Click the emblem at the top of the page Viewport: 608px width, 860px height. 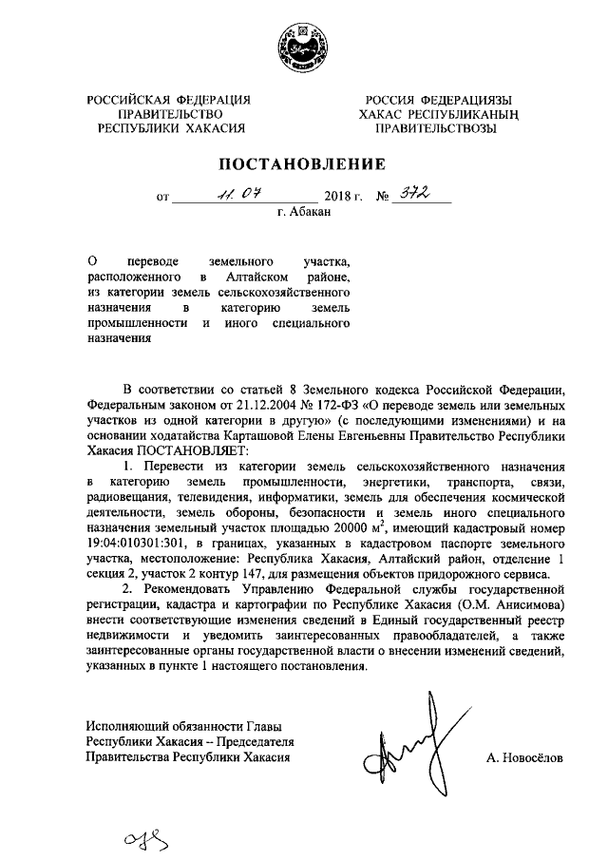[x=303, y=45]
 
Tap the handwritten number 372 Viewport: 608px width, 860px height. [x=415, y=195]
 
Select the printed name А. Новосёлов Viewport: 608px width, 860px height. [x=523, y=758]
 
